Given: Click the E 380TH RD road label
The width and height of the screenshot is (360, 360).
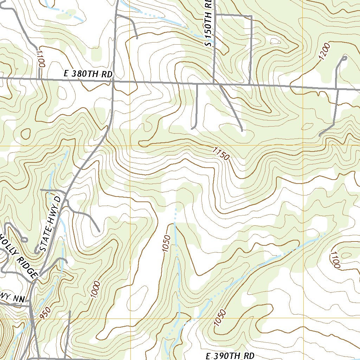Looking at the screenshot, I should pyautogui.click(x=88, y=74).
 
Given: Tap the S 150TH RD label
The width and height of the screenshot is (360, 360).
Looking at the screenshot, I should pyautogui.click(x=208, y=23).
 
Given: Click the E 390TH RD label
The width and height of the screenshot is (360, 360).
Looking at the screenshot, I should pyautogui.click(x=230, y=356).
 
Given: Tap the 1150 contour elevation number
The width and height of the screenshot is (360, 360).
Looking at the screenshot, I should pyautogui.click(x=221, y=154).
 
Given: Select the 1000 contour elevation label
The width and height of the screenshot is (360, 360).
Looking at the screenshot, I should pyautogui.click(x=95, y=290).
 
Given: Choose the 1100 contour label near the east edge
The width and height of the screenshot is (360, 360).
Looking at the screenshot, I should pyautogui.click(x=335, y=260).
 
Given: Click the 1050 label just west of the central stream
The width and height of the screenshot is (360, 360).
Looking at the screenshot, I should pyautogui.click(x=166, y=244).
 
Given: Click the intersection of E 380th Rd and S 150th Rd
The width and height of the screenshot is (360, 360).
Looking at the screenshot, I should pyautogui.click(x=214, y=83).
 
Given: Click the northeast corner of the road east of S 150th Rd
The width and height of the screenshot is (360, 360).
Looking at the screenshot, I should pyautogui.click(x=252, y=16).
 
